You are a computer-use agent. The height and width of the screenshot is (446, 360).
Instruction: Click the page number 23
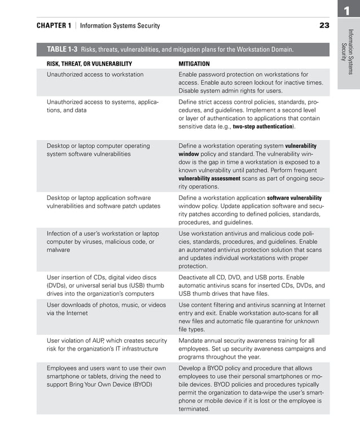pos(324,25)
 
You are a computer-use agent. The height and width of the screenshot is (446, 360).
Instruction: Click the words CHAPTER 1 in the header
pos(54,25)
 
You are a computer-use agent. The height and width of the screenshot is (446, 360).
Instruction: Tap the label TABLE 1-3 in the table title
pos(62,50)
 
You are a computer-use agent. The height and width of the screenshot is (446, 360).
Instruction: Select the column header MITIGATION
pos(194,64)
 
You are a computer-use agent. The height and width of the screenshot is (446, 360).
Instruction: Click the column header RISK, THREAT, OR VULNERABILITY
pos(89,64)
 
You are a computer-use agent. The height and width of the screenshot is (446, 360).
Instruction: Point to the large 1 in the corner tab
pos(348,10)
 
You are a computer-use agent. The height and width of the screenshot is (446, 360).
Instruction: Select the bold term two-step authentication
pos(263,127)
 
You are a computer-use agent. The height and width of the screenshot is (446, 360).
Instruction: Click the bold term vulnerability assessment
pos(209,178)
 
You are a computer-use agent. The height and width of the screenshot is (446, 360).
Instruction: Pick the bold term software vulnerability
pos(294,198)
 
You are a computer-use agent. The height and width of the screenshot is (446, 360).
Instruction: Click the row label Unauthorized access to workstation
pos(95,75)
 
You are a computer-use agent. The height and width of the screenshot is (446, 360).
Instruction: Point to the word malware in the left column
pos(58,250)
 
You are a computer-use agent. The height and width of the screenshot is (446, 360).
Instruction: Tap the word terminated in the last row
pos(194,409)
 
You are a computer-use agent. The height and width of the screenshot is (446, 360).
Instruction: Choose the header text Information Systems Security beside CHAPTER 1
pos(120,25)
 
